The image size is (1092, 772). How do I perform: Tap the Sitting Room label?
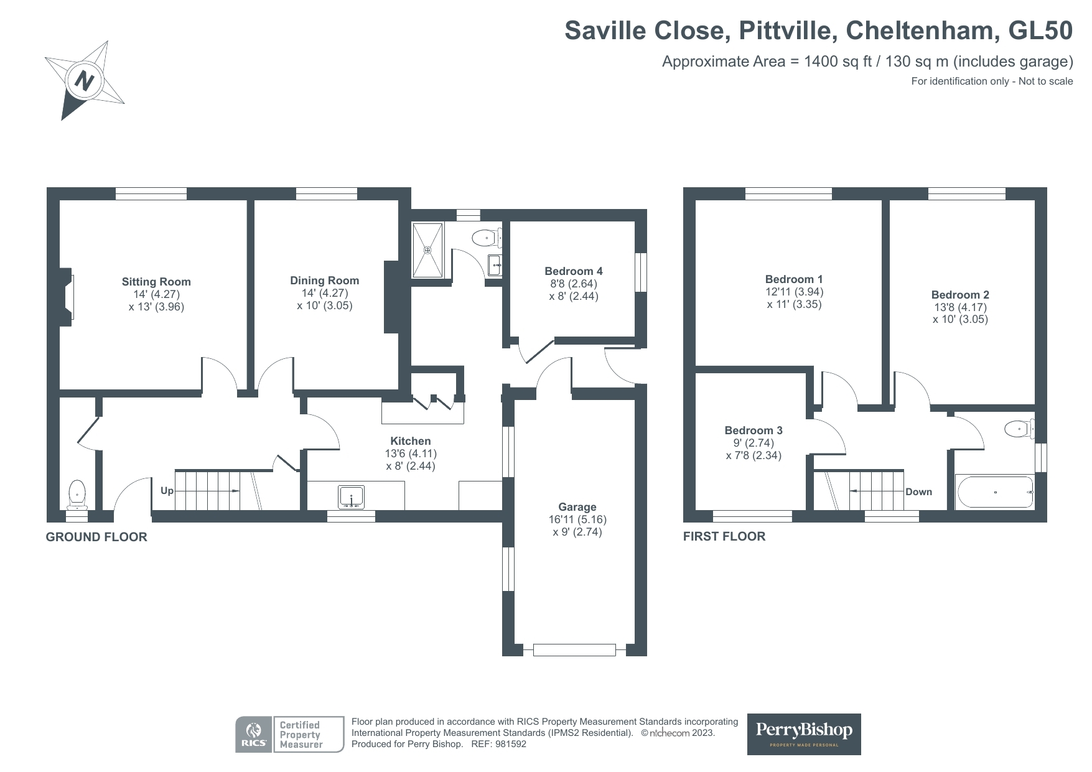tap(156, 282)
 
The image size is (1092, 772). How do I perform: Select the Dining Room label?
tap(324, 281)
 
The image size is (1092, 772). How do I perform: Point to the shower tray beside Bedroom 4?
tap(427, 249)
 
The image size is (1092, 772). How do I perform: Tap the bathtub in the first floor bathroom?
tap(995, 492)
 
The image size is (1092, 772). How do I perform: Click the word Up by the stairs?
tap(167, 491)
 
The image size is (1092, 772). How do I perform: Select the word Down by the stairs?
tap(918, 492)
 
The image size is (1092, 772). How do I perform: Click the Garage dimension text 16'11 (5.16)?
tap(577, 519)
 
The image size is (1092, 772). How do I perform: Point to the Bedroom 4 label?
tap(573, 271)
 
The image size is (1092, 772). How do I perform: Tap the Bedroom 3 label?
tap(753, 430)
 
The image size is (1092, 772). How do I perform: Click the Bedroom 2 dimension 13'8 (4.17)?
tap(959, 307)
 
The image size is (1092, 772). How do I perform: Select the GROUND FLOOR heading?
tap(96, 537)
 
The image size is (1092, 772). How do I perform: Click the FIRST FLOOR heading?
tap(724, 536)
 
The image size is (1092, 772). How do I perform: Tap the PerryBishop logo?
tap(803, 734)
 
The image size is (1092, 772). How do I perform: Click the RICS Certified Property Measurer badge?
tap(289, 734)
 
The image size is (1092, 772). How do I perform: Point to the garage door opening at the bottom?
tap(574, 650)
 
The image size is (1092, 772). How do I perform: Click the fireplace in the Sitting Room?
tap(67, 297)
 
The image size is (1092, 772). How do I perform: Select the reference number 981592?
tap(511, 744)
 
